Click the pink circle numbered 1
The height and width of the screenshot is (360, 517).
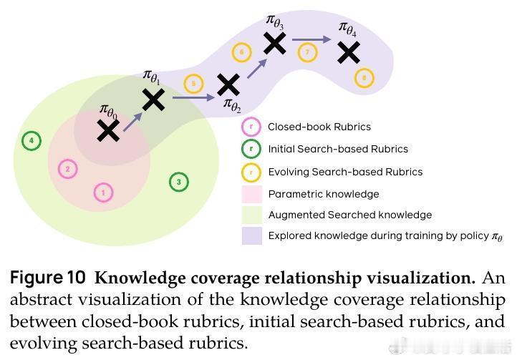[x=103, y=193]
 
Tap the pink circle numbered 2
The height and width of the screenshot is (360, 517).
[x=67, y=169]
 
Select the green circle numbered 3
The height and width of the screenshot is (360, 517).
[x=178, y=182]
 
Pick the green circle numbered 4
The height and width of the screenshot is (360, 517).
[x=31, y=140]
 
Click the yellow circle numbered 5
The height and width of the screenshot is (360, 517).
[x=193, y=84]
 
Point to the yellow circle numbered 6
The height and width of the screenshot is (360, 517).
[x=241, y=52]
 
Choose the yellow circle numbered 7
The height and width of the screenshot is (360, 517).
[x=308, y=52]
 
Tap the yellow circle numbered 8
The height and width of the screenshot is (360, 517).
[x=364, y=77]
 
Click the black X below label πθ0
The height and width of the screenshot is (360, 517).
[x=108, y=130]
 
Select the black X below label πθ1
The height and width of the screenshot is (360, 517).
[x=153, y=99]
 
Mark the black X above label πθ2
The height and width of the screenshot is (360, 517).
[x=228, y=85]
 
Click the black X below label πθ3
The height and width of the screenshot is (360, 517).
[x=275, y=44]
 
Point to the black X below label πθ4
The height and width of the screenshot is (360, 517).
[x=349, y=52]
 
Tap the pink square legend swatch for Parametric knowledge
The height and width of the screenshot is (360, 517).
[x=251, y=194]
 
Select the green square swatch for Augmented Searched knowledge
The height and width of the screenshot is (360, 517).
[x=251, y=215]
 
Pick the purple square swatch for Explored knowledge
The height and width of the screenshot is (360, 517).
[x=251, y=235]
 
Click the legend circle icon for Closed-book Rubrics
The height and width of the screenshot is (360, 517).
[x=251, y=127]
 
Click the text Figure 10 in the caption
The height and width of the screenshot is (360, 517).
[x=49, y=278]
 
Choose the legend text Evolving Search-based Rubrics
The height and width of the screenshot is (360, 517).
[x=345, y=172]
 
